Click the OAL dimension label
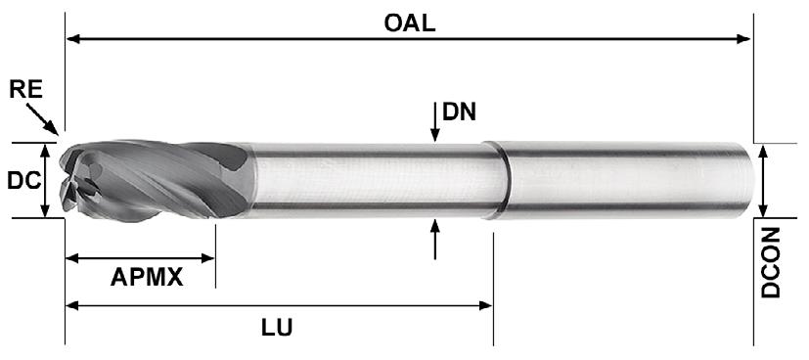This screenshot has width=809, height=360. pyautogui.click(x=410, y=22)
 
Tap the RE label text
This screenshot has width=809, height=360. pyautogui.click(x=25, y=90)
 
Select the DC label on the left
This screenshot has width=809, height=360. pyautogui.click(x=24, y=181)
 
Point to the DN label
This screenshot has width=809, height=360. pyautogui.click(x=459, y=112)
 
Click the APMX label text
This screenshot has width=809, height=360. pyautogui.click(x=147, y=278)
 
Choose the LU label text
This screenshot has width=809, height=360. pyautogui.click(x=277, y=327)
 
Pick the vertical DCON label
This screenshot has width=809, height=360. pyautogui.click(x=771, y=263)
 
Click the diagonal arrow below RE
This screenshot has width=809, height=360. pyautogui.click(x=42, y=119)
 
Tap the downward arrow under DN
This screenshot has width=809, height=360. pyautogui.click(x=435, y=122)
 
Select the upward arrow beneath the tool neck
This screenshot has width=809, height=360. pyautogui.click(x=435, y=239)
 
